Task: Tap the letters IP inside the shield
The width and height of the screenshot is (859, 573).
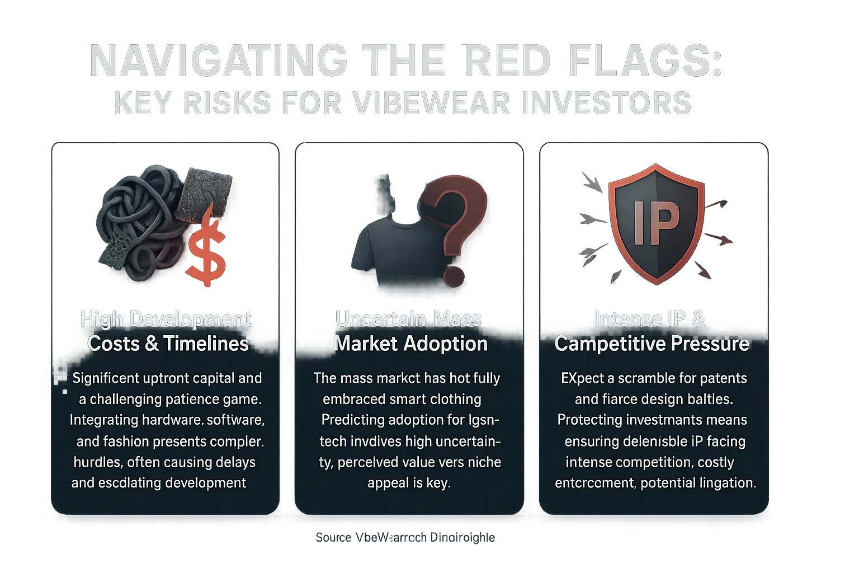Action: pos(655,223)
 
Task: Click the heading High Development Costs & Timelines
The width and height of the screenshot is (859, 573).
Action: pos(167,331)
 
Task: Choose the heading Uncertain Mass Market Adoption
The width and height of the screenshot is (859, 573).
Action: pos(410,331)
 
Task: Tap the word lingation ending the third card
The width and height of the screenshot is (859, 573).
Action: pos(728,483)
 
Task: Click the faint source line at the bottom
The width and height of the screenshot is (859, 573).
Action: pos(405,538)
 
